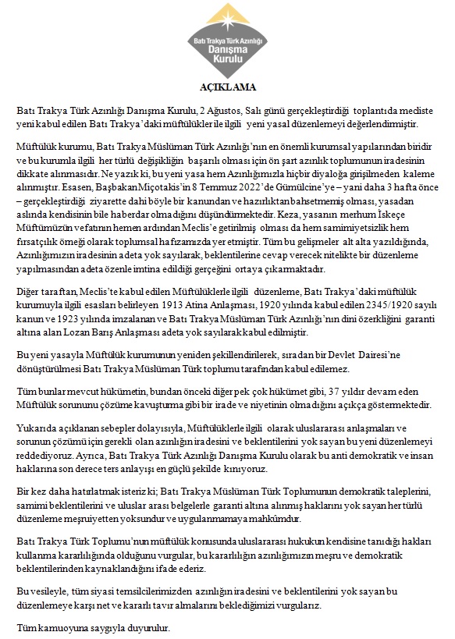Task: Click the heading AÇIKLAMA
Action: pyautogui.click(x=227, y=87)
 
